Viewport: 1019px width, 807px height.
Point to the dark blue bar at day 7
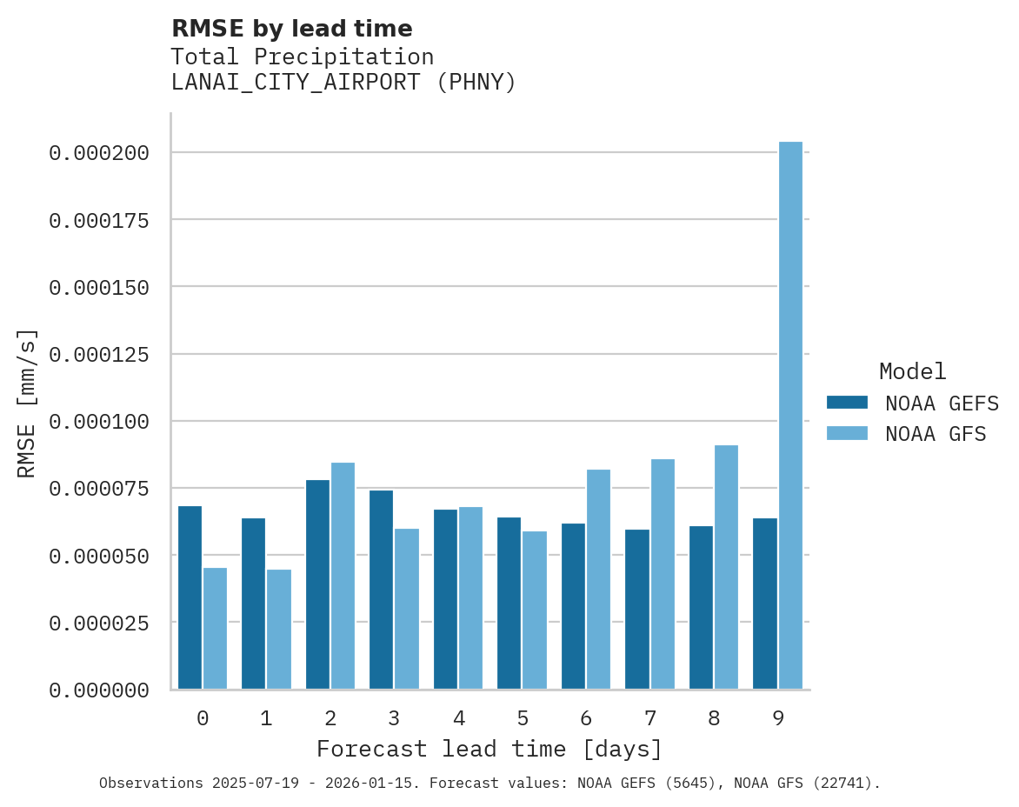(x=637, y=609)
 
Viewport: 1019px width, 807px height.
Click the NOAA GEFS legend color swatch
(x=847, y=403)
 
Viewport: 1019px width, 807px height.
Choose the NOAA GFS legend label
(x=936, y=433)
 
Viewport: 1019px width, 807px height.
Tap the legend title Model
(x=912, y=371)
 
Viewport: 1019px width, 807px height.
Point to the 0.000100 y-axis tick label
(x=99, y=422)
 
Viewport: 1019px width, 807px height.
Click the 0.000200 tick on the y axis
(x=99, y=153)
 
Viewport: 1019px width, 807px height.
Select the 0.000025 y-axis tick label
(x=99, y=623)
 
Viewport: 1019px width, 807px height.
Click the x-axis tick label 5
(x=523, y=718)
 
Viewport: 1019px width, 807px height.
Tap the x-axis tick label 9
(x=778, y=718)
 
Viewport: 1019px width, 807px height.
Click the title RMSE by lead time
(x=291, y=29)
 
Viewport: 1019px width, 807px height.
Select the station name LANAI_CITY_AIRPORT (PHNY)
(x=343, y=83)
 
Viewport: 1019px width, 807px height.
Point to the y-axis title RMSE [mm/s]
(x=27, y=403)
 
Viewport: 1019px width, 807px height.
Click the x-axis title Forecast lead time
(x=490, y=749)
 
